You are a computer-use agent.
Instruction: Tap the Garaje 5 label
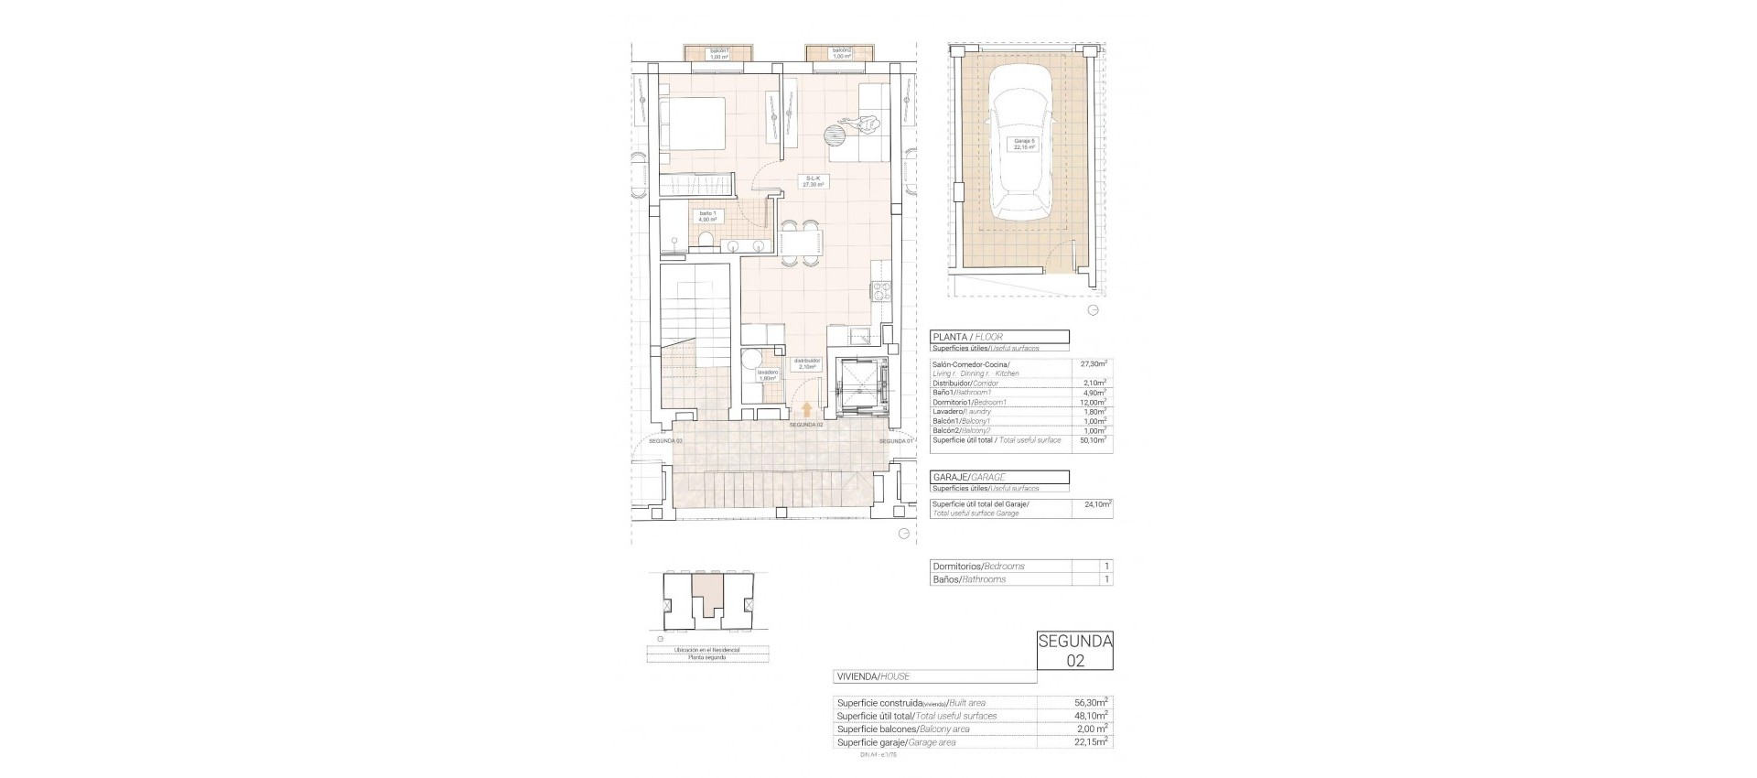point(1023,145)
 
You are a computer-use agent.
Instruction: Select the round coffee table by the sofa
point(835,136)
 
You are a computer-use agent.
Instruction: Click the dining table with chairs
point(800,243)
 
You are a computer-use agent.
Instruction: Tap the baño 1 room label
point(707,216)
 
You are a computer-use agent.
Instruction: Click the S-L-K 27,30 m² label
point(811,181)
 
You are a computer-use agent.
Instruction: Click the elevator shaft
point(859,382)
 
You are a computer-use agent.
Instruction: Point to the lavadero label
point(767,375)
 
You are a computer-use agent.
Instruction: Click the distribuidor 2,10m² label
point(807,363)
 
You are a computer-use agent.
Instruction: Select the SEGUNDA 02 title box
point(1074,651)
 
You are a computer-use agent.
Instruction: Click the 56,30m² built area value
point(1091,703)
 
